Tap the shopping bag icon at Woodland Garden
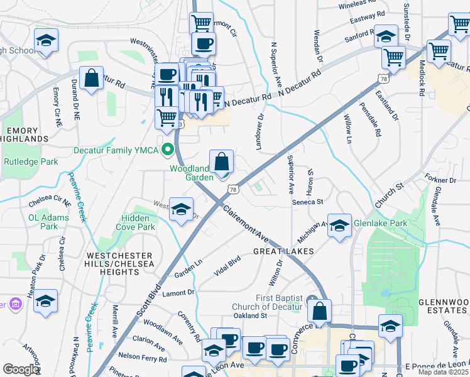tap(222, 163)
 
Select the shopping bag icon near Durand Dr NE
tap(92, 79)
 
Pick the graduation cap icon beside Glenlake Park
tap(339, 226)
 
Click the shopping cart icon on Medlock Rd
tap(439, 52)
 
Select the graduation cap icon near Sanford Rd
tap(386, 36)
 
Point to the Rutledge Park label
tap(31, 162)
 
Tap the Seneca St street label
tap(307, 202)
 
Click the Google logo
tap(21, 369)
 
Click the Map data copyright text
tap(444, 372)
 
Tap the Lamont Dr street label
tap(178, 293)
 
